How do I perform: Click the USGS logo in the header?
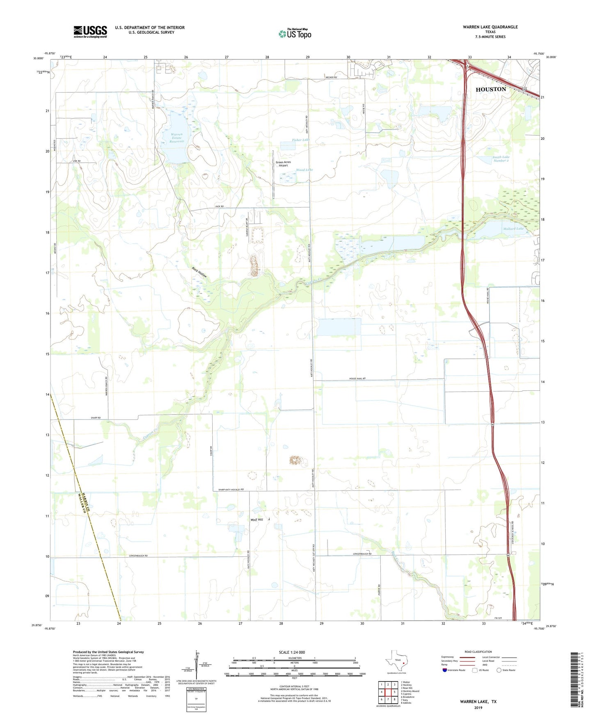pyautogui.click(x=90, y=32)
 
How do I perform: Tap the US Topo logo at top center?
pyautogui.click(x=295, y=33)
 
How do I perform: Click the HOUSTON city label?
pyautogui.click(x=490, y=89)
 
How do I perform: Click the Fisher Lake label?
pyautogui.click(x=300, y=140)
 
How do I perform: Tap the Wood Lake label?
pyautogui.click(x=304, y=170)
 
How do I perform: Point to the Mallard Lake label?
pyautogui.click(x=513, y=228)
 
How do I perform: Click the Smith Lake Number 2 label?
pyautogui.click(x=501, y=159)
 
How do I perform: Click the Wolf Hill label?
pyautogui.click(x=257, y=520)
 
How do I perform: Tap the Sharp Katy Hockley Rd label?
pyautogui.click(x=231, y=489)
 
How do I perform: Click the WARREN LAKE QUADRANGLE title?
pyautogui.click(x=490, y=27)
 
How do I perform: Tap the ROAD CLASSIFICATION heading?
pyautogui.click(x=478, y=652)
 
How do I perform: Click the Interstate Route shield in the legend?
pyautogui.click(x=445, y=670)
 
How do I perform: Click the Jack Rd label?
pyautogui.click(x=220, y=206)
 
